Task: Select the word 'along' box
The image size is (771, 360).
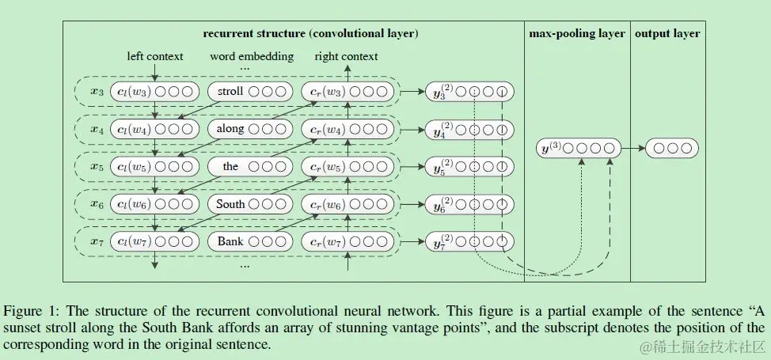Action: [x=230, y=129]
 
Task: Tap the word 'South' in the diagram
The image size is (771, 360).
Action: [x=230, y=204]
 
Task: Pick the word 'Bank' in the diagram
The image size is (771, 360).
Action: [x=230, y=241]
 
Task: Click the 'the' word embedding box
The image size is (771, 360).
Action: [x=230, y=167]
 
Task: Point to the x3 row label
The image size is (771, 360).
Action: [x=97, y=93]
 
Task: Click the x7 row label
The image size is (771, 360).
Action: [x=97, y=241]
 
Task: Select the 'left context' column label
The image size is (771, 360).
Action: [x=155, y=56]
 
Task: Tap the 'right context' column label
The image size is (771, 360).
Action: [x=346, y=56]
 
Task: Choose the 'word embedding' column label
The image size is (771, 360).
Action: [x=251, y=56]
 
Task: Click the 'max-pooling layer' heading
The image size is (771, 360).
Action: [x=577, y=34]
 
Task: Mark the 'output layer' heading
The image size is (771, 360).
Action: [x=667, y=34]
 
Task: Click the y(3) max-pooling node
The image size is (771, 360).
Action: [x=577, y=147]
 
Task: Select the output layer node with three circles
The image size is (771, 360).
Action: [x=671, y=147]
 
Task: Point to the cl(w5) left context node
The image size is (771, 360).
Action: [x=154, y=167]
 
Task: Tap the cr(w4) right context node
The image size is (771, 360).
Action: [x=346, y=129]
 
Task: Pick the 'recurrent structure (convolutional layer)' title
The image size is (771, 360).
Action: [x=310, y=34]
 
